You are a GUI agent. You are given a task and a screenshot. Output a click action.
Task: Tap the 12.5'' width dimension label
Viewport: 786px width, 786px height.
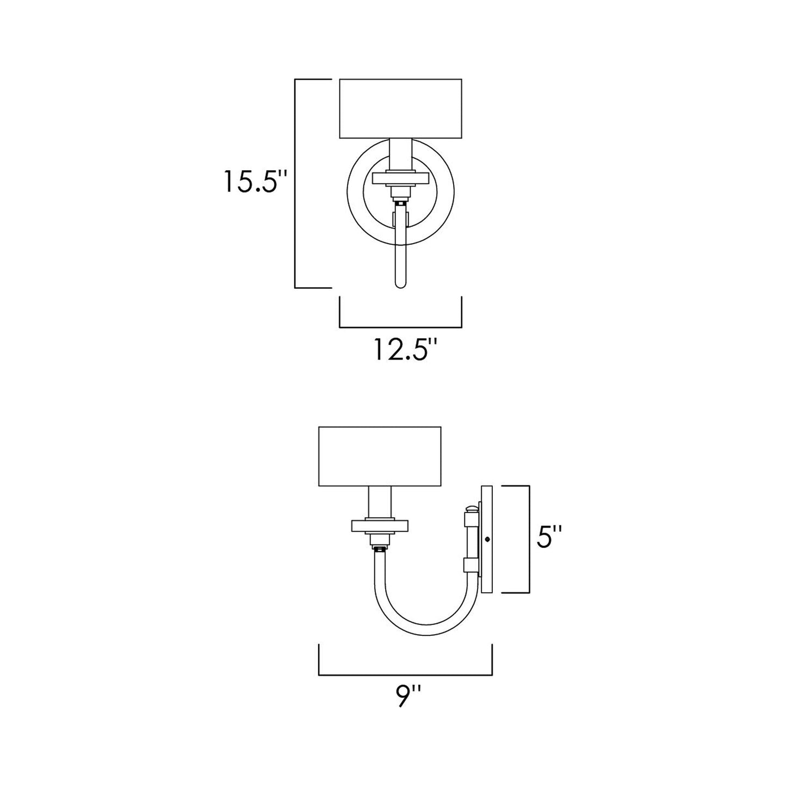tap(405, 350)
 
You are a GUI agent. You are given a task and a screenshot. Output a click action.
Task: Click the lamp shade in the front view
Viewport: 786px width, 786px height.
tap(400, 109)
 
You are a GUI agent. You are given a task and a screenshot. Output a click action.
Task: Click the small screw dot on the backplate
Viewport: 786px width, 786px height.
tap(486, 539)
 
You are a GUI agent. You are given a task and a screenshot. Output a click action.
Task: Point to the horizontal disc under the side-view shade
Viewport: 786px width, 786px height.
tap(379, 526)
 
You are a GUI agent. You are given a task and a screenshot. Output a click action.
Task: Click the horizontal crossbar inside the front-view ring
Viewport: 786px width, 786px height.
tap(400, 178)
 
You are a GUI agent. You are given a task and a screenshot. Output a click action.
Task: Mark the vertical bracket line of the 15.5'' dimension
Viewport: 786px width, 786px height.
tap(295, 183)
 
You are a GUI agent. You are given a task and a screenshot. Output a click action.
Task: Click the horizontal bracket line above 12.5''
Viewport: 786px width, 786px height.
tap(400, 327)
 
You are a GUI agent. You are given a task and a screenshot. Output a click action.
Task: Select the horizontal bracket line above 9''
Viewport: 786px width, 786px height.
tap(405, 675)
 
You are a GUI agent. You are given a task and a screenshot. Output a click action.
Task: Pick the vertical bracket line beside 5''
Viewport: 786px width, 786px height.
tap(529, 539)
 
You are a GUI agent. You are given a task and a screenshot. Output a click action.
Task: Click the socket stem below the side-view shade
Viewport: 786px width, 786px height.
tap(379, 503)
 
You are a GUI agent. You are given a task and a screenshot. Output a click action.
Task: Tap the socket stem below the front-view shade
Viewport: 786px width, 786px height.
tap(400, 154)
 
